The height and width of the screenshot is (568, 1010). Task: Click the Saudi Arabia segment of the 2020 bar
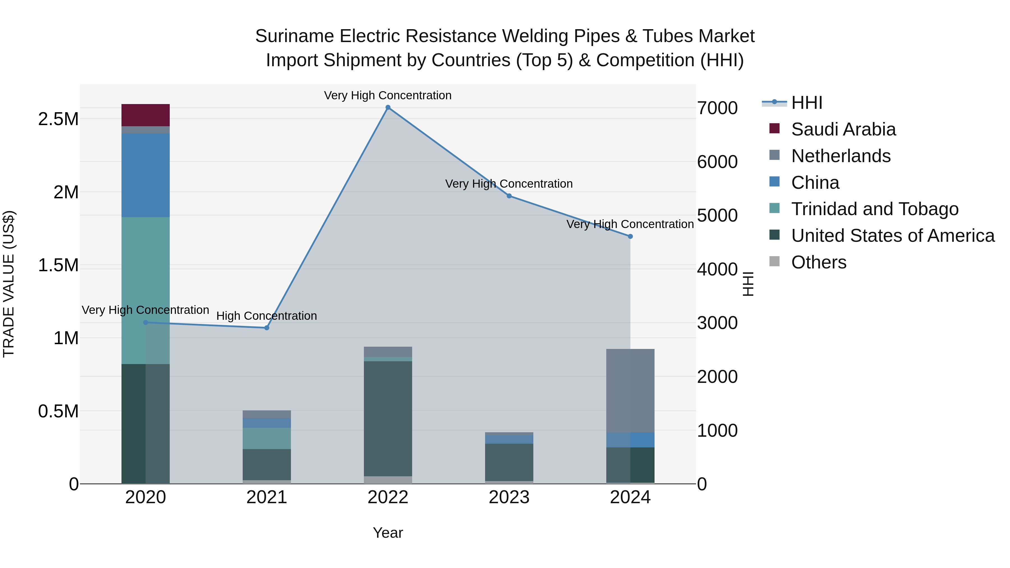coord(145,115)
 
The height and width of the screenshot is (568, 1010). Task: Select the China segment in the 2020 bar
coord(145,175)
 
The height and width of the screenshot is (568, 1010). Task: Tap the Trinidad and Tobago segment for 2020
coord(145,290)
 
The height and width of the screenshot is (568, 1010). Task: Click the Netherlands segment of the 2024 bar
coord(630,390)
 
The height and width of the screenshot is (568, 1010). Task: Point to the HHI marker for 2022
coord(388,107)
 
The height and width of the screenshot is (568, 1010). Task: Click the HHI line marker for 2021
coord(267,328)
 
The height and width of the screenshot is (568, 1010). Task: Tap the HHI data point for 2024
coord(630,236)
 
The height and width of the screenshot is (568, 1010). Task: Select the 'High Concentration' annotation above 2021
coord(267,316)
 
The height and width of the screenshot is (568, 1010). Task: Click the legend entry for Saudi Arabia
coord(843,129)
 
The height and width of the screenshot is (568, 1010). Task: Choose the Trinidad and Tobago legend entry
coord(874,209)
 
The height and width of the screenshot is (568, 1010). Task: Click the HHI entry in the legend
coord(807,103)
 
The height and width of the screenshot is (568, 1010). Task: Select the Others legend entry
coord(818,262)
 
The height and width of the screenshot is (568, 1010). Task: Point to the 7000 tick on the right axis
coord(717,108)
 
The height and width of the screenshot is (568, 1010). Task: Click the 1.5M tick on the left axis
coord(58,265)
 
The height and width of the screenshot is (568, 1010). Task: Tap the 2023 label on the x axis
coord(509,497)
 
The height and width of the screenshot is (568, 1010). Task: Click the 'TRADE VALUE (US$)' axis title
coord(9,284)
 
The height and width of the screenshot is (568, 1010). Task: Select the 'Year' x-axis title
coord(388,533)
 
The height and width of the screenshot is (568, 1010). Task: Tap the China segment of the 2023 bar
coord(509,440)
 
